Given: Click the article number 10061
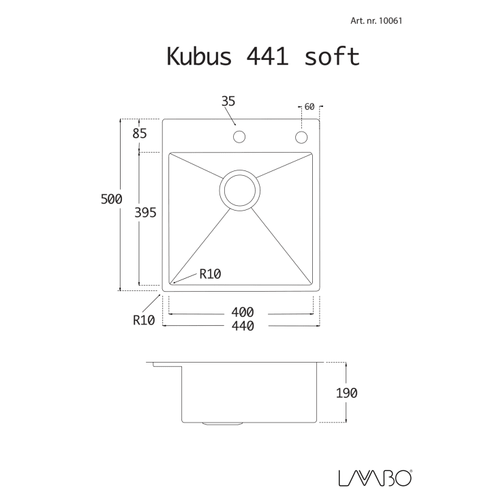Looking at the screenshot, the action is pos(390,21).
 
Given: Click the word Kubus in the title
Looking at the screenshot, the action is pos(199,57).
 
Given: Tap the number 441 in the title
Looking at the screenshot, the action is pos(267,57).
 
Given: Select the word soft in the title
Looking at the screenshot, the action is pos(332,57).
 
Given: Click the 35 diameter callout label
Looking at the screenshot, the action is pos(228,102).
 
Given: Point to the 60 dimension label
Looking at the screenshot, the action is pos(309,107).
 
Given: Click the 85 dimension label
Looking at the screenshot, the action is pos(140,133).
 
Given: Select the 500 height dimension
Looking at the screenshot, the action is pos(112,199).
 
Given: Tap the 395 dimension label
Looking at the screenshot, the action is pos(145,213).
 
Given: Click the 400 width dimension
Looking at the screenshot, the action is pos(243,312).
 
